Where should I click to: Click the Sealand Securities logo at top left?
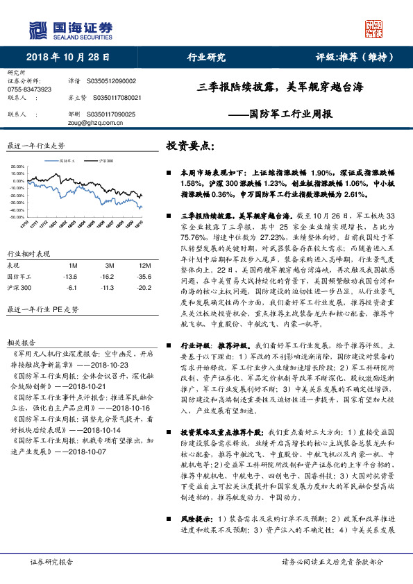tap(69, 30)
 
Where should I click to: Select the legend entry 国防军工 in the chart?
tap(68, 160)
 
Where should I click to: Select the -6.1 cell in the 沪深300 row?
tap(71, 286)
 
